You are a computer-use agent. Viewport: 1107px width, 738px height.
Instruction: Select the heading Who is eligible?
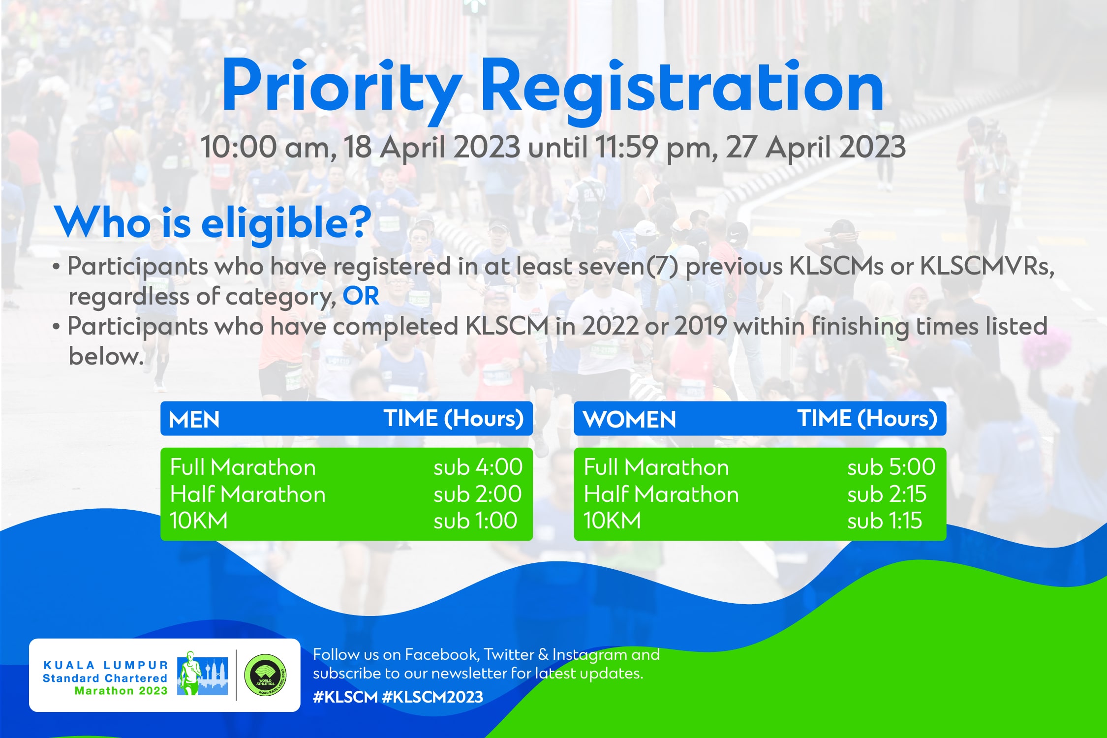point(213,223)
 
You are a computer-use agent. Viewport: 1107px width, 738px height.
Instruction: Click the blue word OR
point(361,296)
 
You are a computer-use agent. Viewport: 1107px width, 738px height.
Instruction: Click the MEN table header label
point(194,420)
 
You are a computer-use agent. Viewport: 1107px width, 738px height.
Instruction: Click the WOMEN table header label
point(629,420)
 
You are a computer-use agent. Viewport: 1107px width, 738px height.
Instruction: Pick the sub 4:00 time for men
point(478,467)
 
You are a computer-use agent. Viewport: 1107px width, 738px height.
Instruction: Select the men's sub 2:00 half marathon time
point(477,494)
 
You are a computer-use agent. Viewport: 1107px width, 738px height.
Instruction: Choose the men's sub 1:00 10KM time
point(475,521)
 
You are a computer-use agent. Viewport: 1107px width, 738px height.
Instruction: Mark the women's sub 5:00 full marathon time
point(891,467)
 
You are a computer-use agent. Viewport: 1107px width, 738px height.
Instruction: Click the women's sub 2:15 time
point(887,494)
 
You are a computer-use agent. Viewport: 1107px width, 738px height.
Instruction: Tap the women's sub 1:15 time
point(884,521)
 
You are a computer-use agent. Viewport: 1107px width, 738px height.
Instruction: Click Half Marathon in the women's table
point(661,494)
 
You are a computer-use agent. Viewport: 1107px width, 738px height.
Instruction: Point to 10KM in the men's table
point(199,521)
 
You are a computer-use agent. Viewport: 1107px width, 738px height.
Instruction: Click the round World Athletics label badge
point(266,675)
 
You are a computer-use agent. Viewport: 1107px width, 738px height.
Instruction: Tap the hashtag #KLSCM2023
point(432,697)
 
